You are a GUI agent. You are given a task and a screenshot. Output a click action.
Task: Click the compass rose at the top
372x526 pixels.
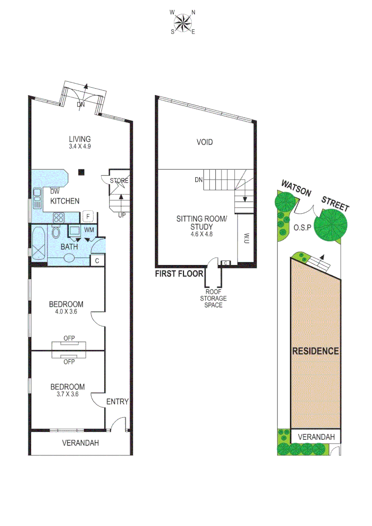coord(183,22)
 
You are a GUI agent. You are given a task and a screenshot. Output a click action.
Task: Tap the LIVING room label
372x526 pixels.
coord(79,138)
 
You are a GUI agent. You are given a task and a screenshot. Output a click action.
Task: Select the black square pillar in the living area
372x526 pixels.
coord(82,171)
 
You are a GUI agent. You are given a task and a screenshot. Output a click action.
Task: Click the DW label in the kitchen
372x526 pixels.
coord(55,191)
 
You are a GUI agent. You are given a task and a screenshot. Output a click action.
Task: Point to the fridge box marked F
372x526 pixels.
coord(88,215)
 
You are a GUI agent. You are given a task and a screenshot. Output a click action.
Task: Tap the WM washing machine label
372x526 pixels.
coord(89,229)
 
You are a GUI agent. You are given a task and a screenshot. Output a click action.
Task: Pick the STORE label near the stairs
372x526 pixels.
coord(119,181)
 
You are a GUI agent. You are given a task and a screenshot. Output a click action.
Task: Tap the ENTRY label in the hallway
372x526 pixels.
coord(117,402)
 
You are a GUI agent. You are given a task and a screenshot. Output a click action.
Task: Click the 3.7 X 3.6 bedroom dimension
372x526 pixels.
coord(67,394)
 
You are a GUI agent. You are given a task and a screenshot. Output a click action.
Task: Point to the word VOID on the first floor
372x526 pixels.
coord(205,142)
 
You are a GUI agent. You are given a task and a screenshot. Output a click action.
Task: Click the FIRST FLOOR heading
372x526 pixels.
coord(179,274)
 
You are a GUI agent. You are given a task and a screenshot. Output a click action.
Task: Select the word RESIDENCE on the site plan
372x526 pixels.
coord(315,351)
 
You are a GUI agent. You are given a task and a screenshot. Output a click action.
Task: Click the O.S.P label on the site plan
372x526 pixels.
coord(303,227)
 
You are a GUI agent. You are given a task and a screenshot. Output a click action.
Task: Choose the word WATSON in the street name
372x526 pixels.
coord(296,188)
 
